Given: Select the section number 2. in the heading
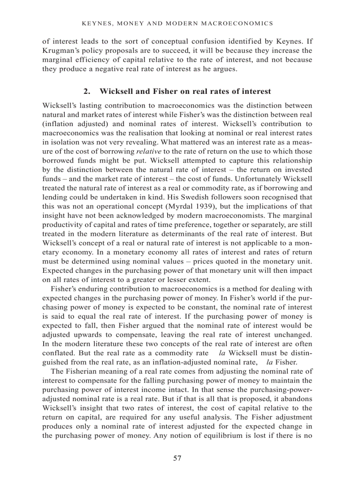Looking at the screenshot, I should tap(87, 92).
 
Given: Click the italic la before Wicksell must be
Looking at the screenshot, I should tap(222, 354).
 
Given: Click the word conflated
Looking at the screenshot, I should tap(59, 354).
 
